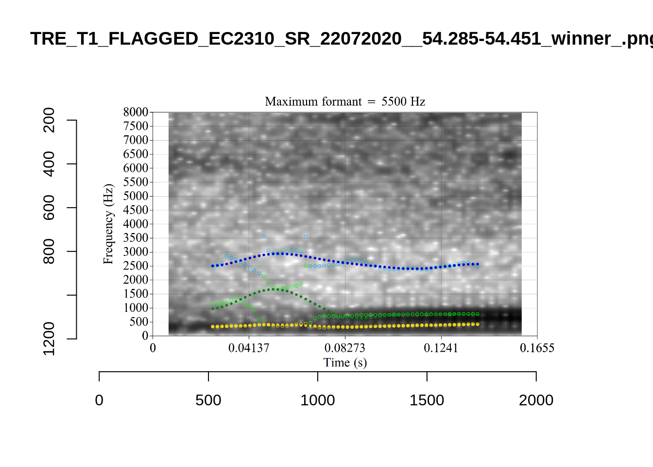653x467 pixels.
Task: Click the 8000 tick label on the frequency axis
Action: pyautogui.click(x=136, y=112)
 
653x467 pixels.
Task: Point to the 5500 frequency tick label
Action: pyautogui.click(x=136, y=182)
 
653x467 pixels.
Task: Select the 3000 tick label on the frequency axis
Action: pyautogui.click(x=136, y=252)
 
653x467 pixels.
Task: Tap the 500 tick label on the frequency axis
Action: pyautogui.click(x=138, y=322)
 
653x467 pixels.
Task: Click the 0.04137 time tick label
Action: pyautogui.click(x=249, y=348)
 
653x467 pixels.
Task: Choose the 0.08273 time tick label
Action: pyautogui.click(x=345, y=348)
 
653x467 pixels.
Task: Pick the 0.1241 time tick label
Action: pyautogui.click(x=441, y=348)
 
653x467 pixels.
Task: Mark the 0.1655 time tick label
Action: pyautogui.click(x=537, y=348)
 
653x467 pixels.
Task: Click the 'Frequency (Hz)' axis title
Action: pyautogui.click(x=108, y=224)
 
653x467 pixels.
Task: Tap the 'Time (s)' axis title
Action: pyautogui.click(x=345, y=362)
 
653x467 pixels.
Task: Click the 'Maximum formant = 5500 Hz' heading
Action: pyautogui.click(x=345, y=101)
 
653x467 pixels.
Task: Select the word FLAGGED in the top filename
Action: pyautogui.click(x=153, y=38)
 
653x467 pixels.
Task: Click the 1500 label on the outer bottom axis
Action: pyautogui.click(x=427, y=400)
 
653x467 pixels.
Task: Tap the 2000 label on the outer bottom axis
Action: pyautogui.click(x=536, y=400)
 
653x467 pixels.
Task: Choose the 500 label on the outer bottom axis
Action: pyautogui.click(x=208, y=400)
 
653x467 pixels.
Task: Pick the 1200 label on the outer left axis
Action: pyautogui.click(x=49, y=339)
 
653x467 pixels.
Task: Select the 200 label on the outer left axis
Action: pyautogui.click(x=49, y=120)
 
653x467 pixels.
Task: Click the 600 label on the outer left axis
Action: pyautogui.click(x=49, y=208)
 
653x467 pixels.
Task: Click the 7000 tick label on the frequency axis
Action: pyautogui.click(x=136, y=140)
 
